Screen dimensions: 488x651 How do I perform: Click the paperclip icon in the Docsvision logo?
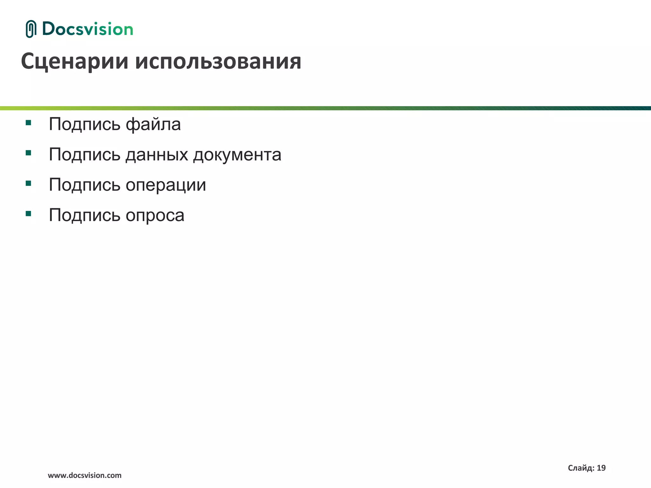31,29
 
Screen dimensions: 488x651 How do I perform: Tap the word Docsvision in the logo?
87,29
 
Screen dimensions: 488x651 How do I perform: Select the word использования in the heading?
218,61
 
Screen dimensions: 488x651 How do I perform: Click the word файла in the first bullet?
153,124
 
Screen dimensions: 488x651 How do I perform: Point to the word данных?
157,154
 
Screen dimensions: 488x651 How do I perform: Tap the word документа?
237,154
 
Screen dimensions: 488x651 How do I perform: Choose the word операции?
166,185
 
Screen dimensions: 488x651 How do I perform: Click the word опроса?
155,215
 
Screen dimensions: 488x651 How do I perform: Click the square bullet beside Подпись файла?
28,123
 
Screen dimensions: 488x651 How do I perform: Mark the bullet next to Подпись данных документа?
28,153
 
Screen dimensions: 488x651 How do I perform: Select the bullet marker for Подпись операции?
28,183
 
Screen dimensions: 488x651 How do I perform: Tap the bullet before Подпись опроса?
28,213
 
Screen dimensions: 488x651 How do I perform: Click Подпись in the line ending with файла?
85,124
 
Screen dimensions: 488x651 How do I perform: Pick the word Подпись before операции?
85,185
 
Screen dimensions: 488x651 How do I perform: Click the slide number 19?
601,468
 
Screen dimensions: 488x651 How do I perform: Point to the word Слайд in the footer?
581,468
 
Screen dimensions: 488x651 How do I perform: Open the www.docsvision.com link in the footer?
85,475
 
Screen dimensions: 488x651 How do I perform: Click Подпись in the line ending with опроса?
85,215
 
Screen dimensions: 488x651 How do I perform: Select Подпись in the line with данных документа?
85,154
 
